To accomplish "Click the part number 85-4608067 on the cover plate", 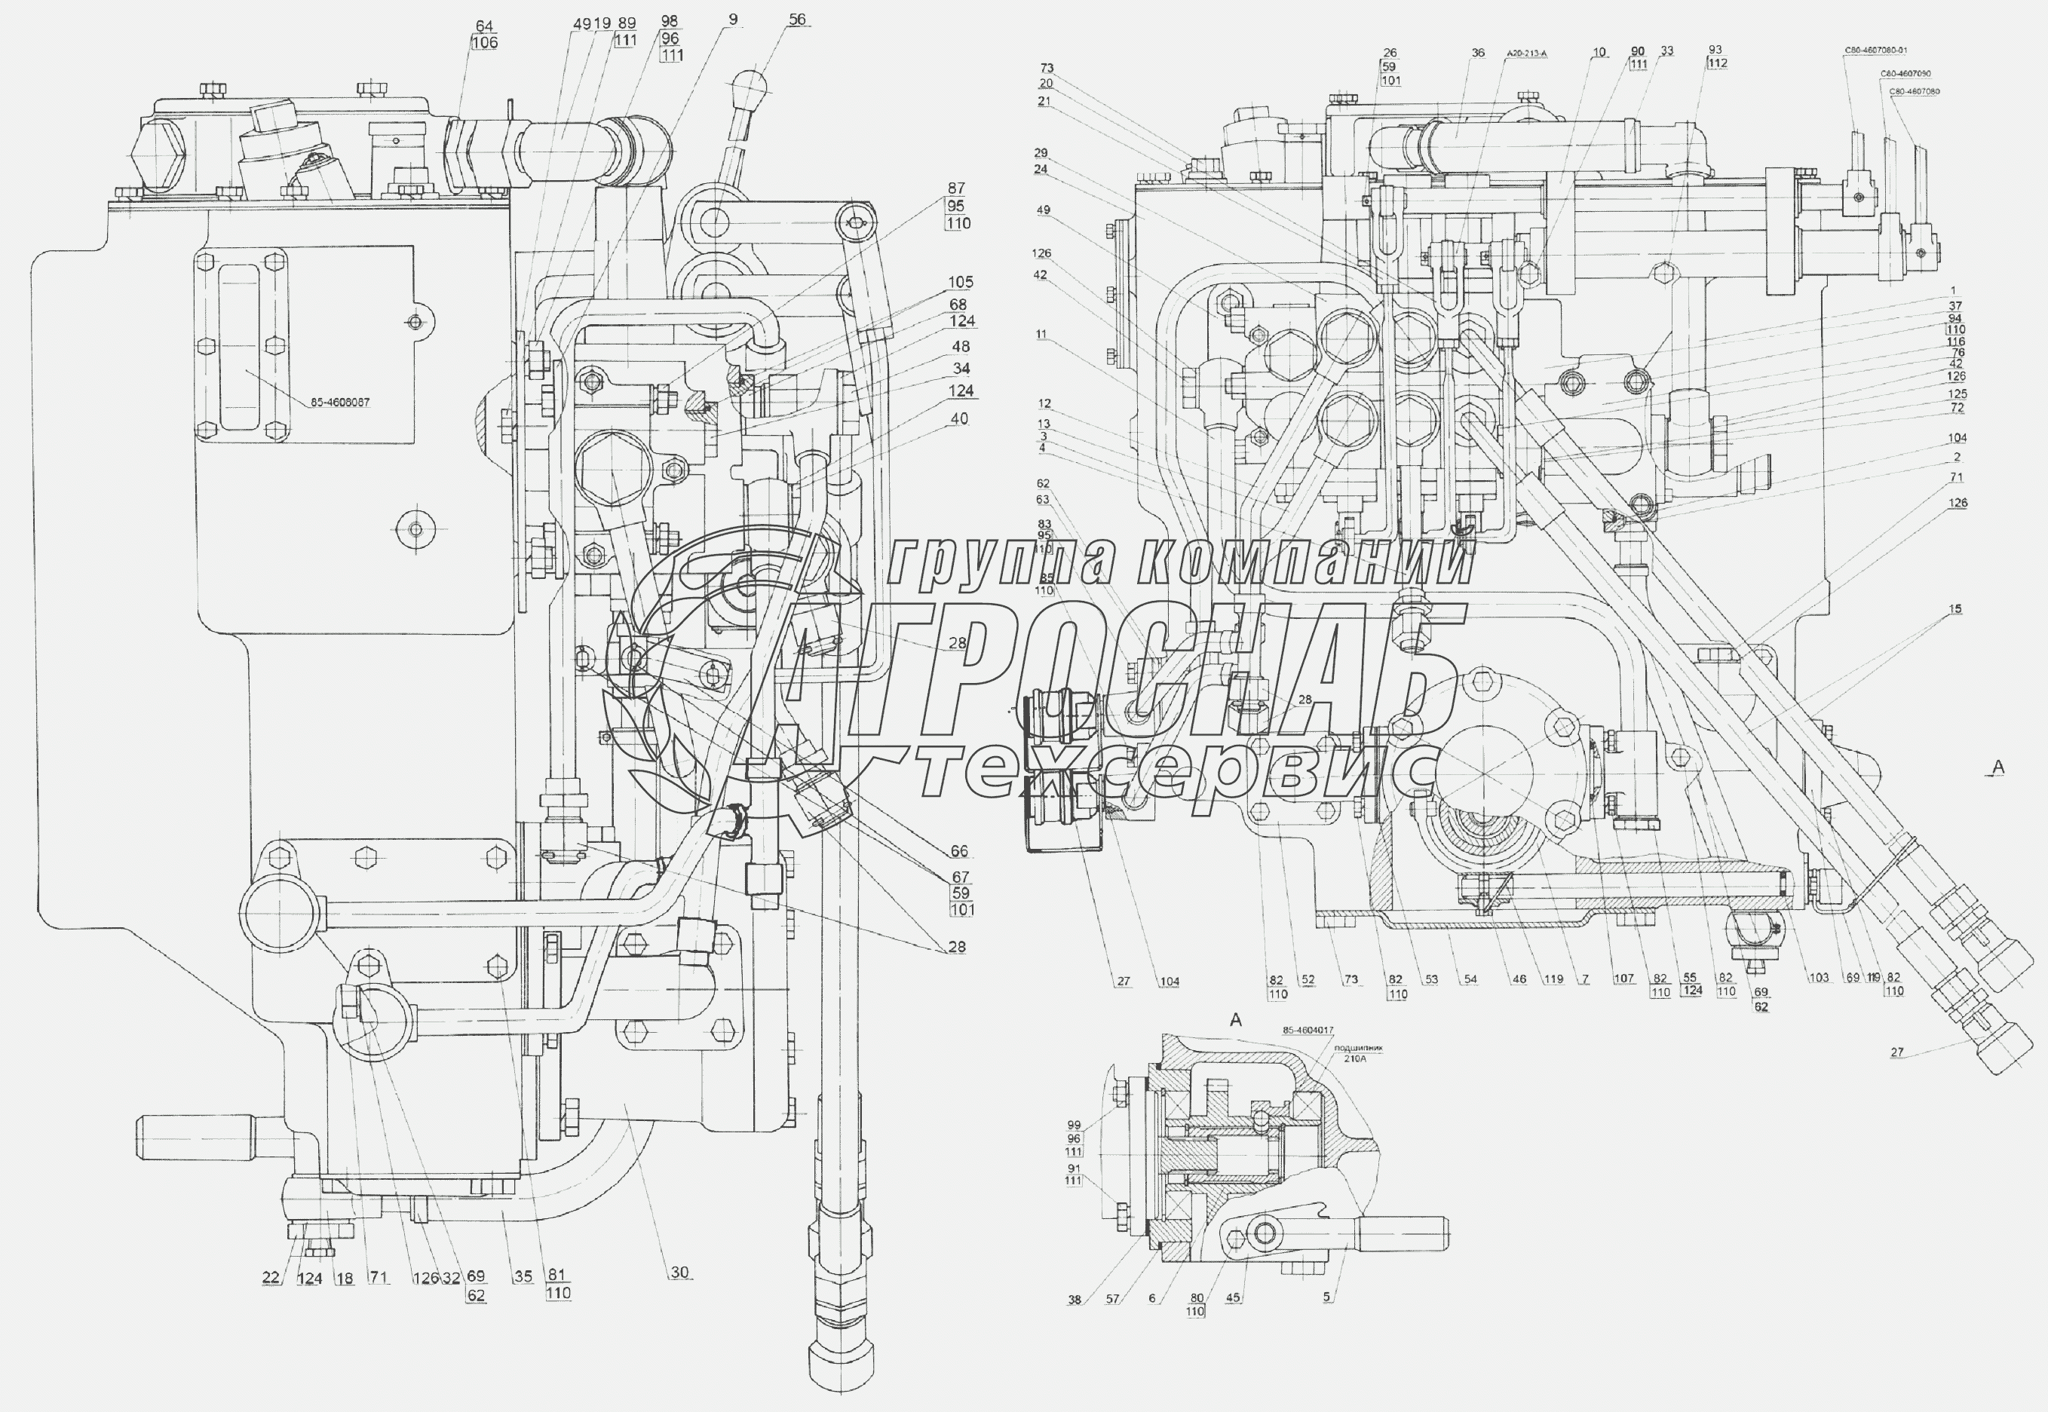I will pyautogui.click(x=340, y=403).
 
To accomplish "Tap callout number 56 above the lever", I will pyautogui.click(x=797, y=20).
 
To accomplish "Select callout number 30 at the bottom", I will pyautogui.click(x=679, y=1273).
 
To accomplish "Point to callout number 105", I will pyautogui.click(x=961, y=282).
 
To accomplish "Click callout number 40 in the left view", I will pyautogui.click(x=959, y=418).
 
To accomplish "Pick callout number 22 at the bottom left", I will pyautogui.click(x=271, y=1278).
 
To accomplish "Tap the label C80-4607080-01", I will pyautogui.click(x=1874, y=51).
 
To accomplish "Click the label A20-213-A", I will pyautogui.click(x=1526, y=54).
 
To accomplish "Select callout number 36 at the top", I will pyautogui.click(x=1477, y=53).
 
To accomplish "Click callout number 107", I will pyautogui.click(x=1623, y=979).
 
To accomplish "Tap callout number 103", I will pyautogui.click(x=1819, y=979).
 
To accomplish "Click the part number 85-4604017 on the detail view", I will pyautogui.click(x=1308, y=1031).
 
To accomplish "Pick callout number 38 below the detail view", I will pyautogui.click(x=1074, y=1300).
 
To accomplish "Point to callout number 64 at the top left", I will pyautogui.click(x=484, y=27).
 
